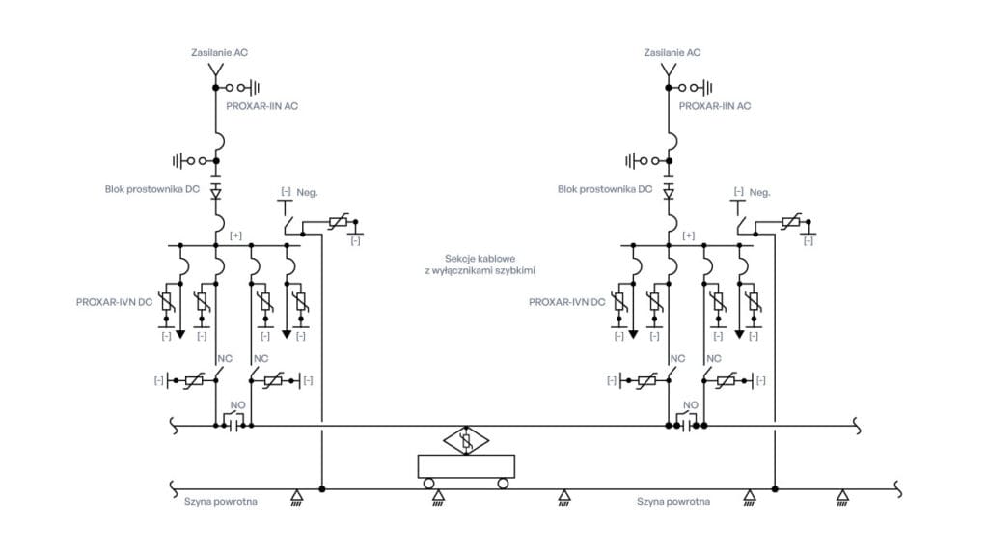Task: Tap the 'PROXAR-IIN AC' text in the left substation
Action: click(262, 105)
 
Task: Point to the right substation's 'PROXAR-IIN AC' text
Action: click(715, 105)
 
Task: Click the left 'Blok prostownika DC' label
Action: click(152, 190)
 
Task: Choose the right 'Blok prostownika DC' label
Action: click(605, 190)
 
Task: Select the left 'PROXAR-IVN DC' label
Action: click(114, 302)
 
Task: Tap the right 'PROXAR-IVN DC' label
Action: click(566, 302)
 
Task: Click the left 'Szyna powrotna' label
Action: click(221, 502)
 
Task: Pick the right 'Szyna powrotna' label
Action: click(673, 502)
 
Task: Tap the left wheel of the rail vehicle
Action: click(428, 483)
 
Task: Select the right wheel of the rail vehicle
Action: click(503, 483)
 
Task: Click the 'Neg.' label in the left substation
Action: click(307, 192)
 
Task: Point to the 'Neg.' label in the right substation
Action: click(760, 192)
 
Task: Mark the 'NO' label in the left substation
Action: click(234, 405)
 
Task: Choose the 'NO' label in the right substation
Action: click(690, 405)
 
